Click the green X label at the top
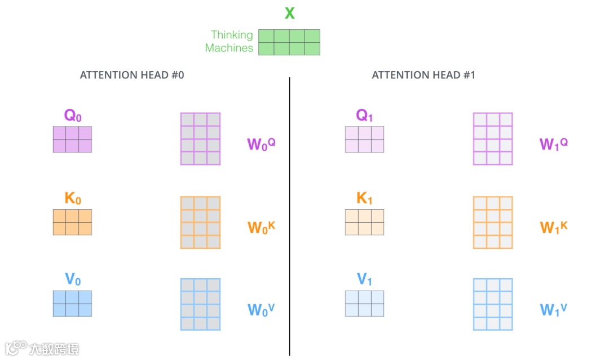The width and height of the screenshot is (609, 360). click(289, 13)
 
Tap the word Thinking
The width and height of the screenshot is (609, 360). click(232, 35)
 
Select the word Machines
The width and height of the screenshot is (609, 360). click(229, 48)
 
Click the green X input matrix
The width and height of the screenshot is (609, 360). click(289, 42)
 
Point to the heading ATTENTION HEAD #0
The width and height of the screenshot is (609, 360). click(132, 75)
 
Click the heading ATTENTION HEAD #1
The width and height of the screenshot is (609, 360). click(423, 75)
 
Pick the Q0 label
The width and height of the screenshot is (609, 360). click(73, 116)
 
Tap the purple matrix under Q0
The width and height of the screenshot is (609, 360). click(72, 139)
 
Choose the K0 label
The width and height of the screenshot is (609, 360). click(73, 199)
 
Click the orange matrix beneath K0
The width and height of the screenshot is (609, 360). click(72, 222)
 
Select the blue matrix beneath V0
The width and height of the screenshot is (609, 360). click(72, 304)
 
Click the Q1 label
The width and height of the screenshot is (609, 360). click(365, 116)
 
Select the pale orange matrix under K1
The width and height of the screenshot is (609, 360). click(365, 222)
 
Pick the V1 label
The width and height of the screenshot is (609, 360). click(365, 279)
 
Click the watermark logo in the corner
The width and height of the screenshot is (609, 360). click(17, 348)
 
